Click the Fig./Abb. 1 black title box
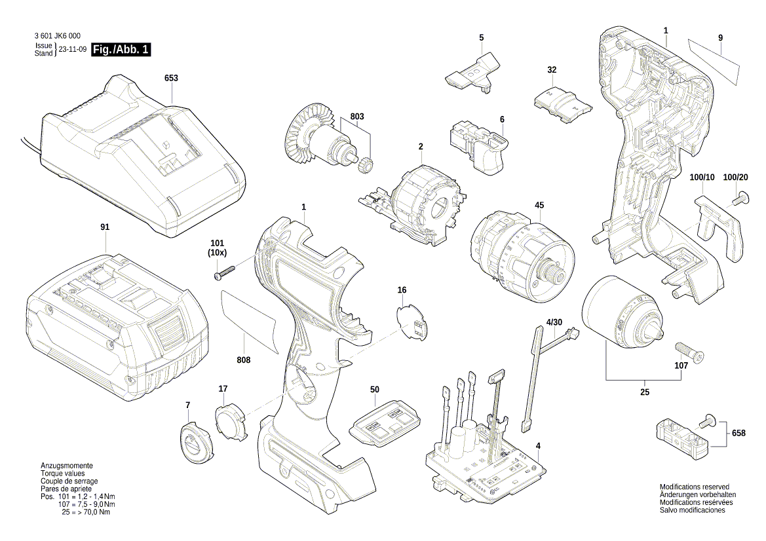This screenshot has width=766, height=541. pos(122,50)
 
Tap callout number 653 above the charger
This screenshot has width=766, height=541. pos(171,78)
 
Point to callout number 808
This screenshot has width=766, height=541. pos(244,360)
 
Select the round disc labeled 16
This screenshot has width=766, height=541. pos(411,321)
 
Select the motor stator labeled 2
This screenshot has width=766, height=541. pos(426,204)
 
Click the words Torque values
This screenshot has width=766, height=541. pos(62,473)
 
